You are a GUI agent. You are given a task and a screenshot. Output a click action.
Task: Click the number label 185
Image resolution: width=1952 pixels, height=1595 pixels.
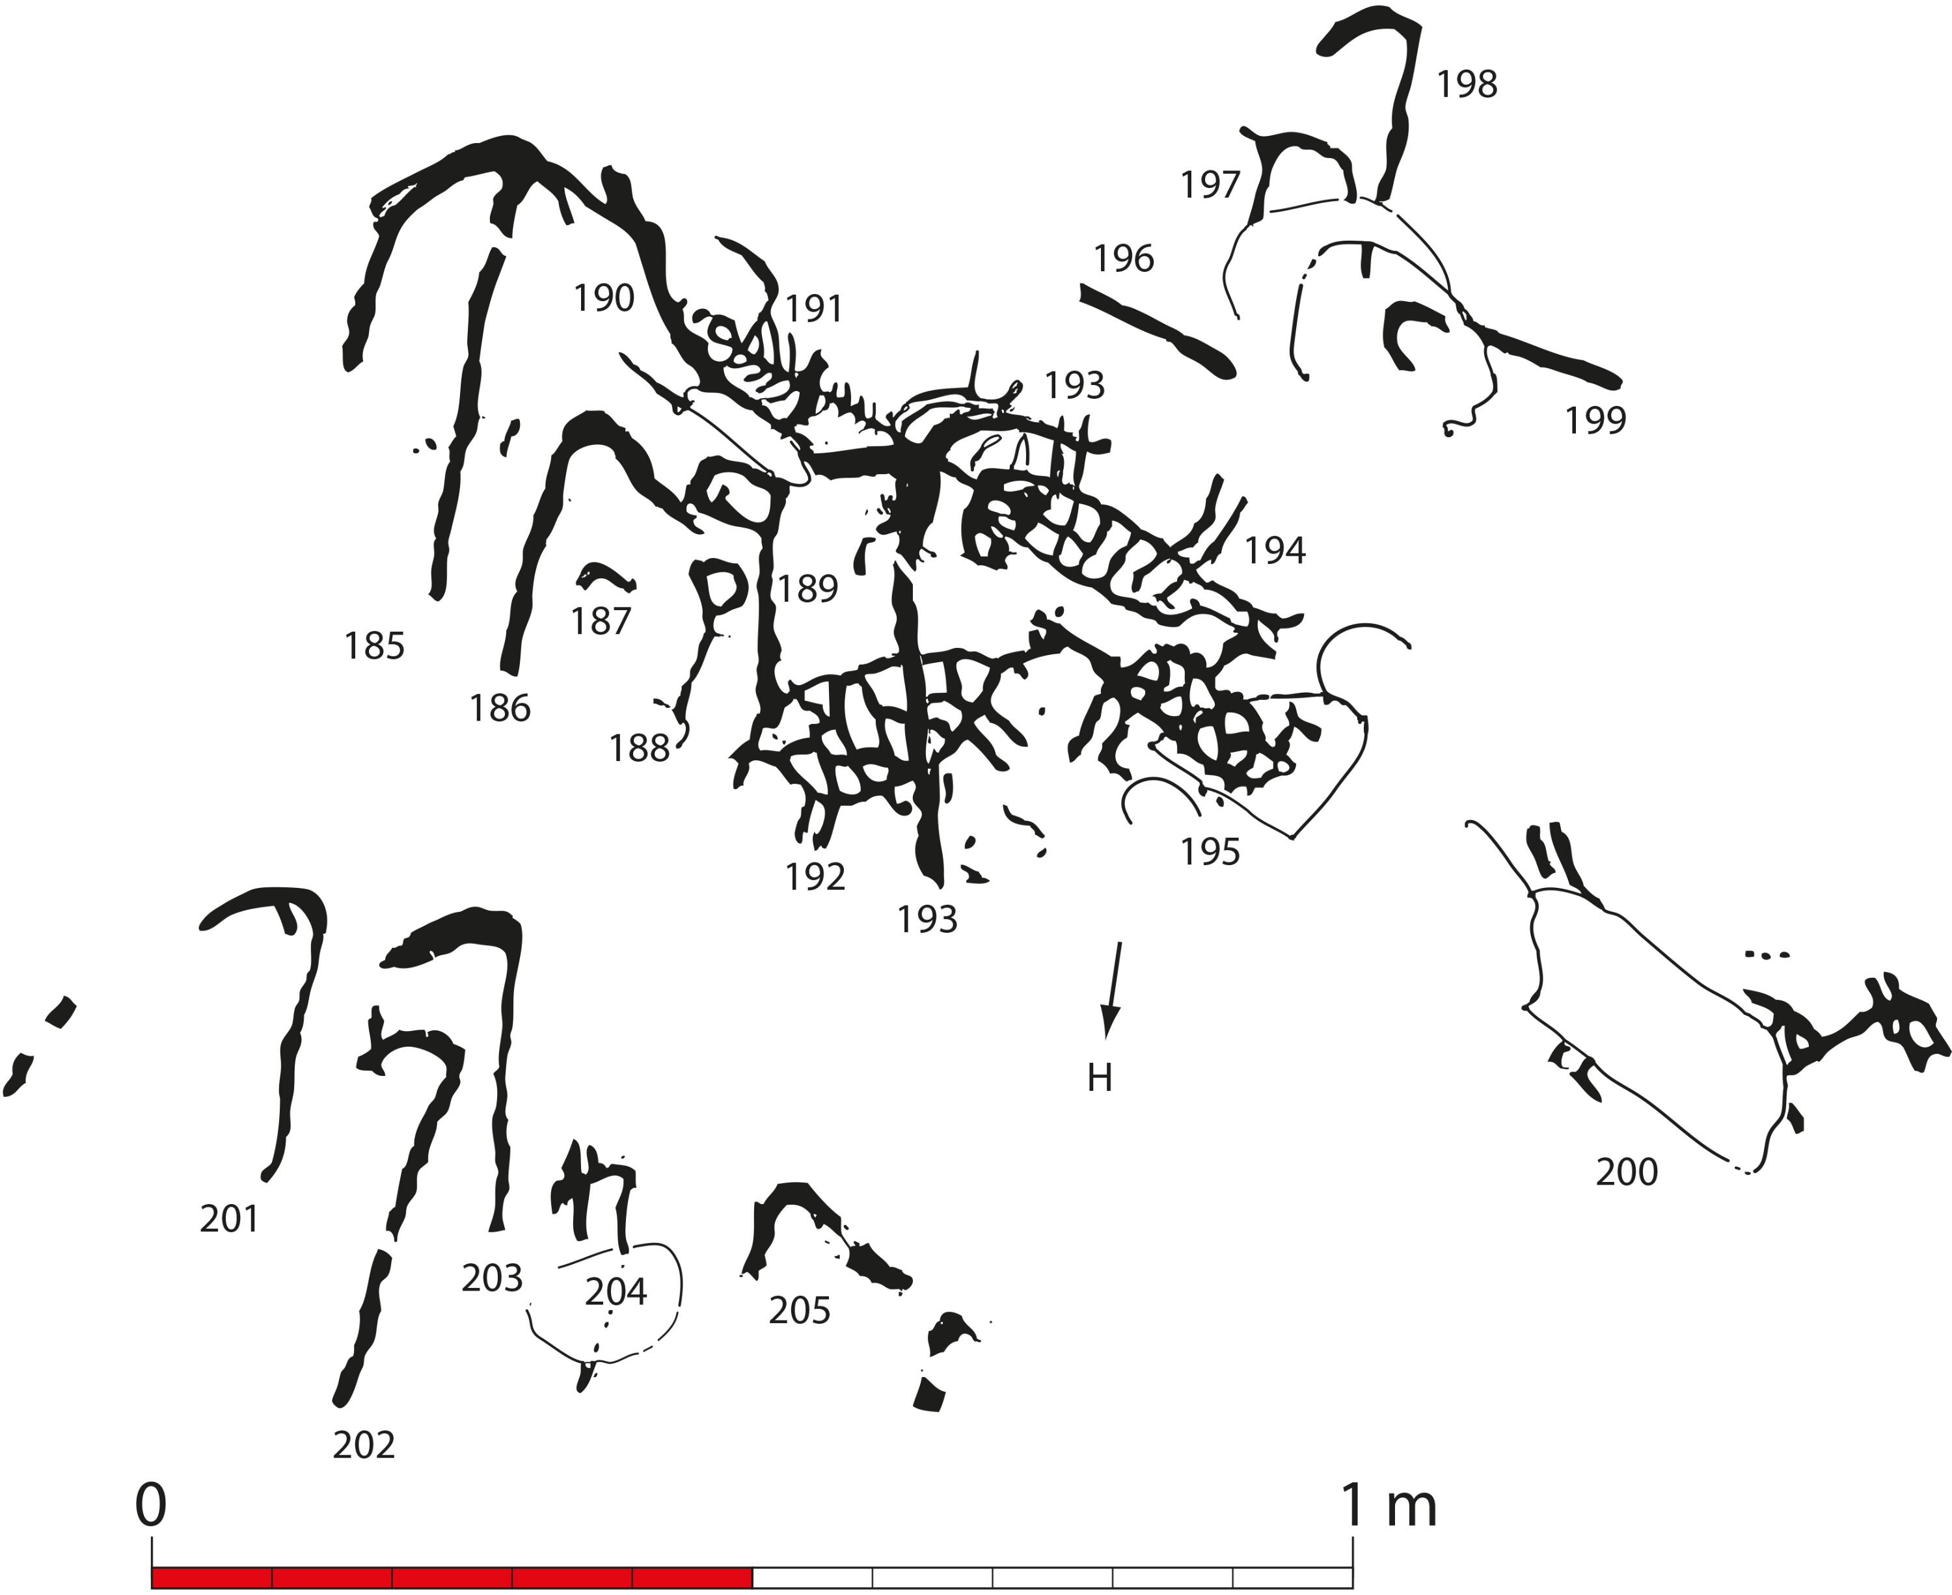pyautogui.click(x=374, y=646)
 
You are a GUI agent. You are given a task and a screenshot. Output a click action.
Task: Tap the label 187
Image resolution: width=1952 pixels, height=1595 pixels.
pyautogui.click(x=601, y=621)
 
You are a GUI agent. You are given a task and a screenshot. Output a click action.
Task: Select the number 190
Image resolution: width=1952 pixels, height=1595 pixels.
pyautogui.click(x=604, y=298)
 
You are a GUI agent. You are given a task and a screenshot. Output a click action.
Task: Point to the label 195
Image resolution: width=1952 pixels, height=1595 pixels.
pyautogui.click(x=1210, y=851)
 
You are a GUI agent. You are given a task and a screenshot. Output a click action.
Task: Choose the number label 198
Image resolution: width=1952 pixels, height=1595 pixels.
pyautogui.click(x=1467, y=84)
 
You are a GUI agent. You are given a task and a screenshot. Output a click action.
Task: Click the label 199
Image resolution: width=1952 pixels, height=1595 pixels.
pyautogui.click(x=1595, y=419)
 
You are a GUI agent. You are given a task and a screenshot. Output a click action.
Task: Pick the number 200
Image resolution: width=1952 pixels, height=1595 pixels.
pyautogui.click(x=1627, y=1172)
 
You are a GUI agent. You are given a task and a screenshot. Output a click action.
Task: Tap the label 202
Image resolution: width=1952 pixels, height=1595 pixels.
pyautogui.click(x=364, y=1445)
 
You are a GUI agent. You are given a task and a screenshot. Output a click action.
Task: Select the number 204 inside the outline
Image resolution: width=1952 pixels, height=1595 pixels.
pyautogui.click(x=616, y=1292)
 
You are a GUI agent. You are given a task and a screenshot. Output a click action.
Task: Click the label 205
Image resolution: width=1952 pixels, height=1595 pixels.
pyautogui.click(x=800, y=1310)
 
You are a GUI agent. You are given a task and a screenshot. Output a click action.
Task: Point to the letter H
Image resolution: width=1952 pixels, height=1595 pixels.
pyautogui.click(x=1100, y=1078)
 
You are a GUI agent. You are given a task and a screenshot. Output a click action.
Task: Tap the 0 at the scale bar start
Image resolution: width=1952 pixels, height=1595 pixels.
pyautogui.click(x=151, y=1505)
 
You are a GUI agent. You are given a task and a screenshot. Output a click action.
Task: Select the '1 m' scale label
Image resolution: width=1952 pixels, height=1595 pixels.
pyautogui.click(x=1389, y=1505)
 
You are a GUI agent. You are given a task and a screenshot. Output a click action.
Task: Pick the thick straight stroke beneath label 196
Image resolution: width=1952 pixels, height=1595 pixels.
pyautogui.click(x=1157, y=330)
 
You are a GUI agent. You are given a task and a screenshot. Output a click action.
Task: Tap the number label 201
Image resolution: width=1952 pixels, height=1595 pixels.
pyautogui.click(x=230, y=1218)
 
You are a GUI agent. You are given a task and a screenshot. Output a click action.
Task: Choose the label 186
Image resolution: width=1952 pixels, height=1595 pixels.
pyautogui.click(x=500, y=708)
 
